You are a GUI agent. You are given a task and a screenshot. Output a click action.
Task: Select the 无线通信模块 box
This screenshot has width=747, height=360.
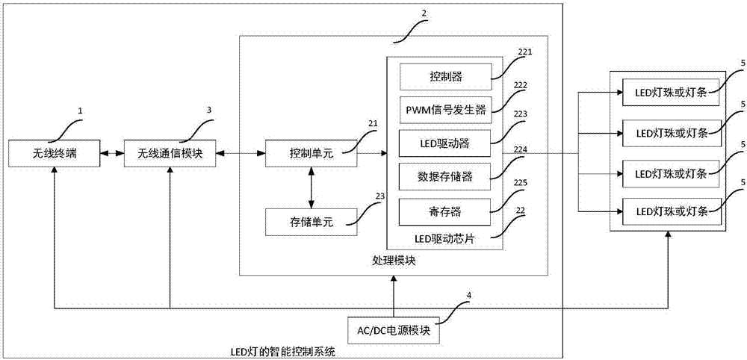[170, 154]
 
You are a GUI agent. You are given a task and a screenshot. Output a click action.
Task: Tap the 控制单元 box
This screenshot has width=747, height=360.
[311, 154]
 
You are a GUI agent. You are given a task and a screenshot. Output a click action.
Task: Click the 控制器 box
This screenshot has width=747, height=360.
[444, 75]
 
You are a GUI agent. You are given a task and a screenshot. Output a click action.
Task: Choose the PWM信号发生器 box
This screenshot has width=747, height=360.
[444, 109]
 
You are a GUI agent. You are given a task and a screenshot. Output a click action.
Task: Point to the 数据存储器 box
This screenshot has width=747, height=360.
[444, 176]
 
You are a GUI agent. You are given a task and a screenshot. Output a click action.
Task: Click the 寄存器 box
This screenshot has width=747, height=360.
[444, 211]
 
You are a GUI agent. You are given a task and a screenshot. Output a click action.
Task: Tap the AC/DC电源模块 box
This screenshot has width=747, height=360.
[394, 329]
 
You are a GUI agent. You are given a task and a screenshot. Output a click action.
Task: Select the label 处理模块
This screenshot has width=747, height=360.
[394, 261]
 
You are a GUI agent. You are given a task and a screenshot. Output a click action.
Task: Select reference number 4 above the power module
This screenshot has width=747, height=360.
[468, 295]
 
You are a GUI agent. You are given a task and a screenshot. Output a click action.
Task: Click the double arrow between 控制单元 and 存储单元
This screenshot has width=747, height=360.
[311, 187]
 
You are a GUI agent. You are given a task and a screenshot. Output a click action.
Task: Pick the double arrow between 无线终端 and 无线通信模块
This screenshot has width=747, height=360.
[112, 154]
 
